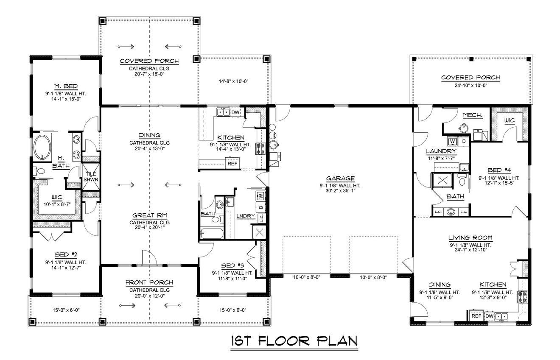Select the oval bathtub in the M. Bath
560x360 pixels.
[42, 148]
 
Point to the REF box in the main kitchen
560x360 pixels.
[232, 163]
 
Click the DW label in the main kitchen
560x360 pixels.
[235, 112]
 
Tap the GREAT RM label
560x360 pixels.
[149, 215]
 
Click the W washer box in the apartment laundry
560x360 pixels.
[452, 141]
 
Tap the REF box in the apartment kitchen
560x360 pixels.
[476, 316]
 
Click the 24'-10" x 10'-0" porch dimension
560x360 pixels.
[470, 85]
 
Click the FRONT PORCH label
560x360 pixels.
[149, 283]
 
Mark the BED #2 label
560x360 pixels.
[65, 254]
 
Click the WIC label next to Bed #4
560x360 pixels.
[509, 121]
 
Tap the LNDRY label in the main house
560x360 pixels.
[246, 216]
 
